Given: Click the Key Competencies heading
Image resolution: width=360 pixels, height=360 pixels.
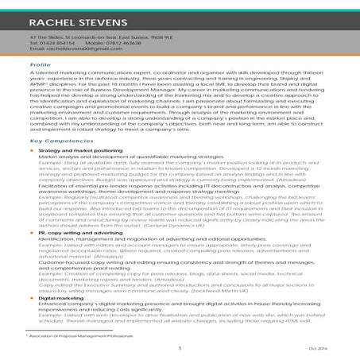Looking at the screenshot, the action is click(57, 141).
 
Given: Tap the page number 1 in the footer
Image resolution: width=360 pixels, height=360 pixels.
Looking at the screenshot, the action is click(180, 347).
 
